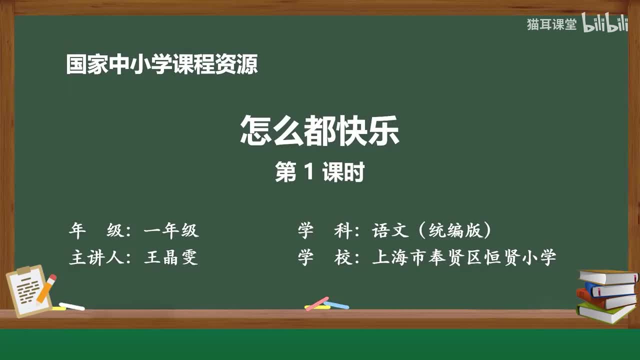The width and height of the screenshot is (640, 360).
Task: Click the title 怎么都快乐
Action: coord(319,131)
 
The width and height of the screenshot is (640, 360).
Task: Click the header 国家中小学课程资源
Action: coord(162,65)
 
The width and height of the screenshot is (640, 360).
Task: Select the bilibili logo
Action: coord(605,24)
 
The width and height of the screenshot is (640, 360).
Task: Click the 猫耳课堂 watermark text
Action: coord(551,24)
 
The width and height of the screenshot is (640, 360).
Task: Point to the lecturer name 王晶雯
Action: coord(171,257)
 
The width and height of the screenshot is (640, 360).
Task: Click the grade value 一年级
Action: coord(171,230)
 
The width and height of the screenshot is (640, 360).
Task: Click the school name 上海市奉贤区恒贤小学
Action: coord(464,257)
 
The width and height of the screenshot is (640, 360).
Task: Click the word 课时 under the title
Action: coord(343,172)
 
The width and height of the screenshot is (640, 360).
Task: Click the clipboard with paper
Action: coord(27,290)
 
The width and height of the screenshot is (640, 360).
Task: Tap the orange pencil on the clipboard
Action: coord(46,288)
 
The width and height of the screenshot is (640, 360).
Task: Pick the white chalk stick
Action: coord(71,306)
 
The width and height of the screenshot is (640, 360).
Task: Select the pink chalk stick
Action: coord(317,303)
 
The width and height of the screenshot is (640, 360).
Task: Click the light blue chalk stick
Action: coord(336,304)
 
